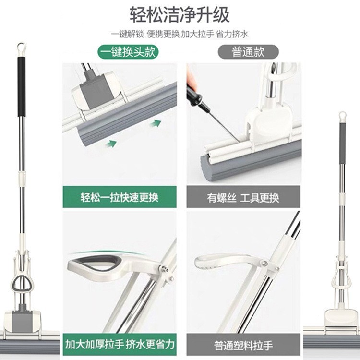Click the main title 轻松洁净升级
[x=180, y=14]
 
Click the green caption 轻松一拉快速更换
[x=120, y=197]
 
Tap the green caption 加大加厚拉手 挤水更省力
[x=120, y=344]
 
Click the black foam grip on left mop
[x=21, y=86]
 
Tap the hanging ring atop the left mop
[x=21, y=48]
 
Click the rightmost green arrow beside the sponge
[x=154, y=124]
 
